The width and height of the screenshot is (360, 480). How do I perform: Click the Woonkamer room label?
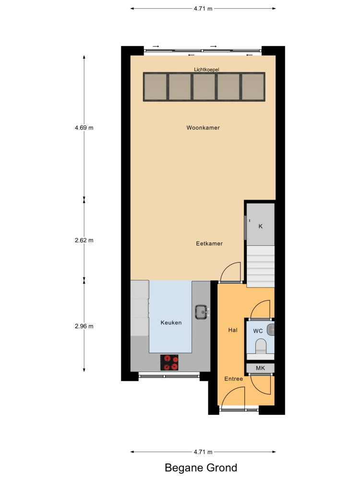203,128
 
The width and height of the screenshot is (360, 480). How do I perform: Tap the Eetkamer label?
209,243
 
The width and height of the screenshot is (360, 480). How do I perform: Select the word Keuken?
171,323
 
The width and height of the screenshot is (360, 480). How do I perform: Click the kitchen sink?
202,312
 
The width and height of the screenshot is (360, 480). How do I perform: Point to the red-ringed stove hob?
169,362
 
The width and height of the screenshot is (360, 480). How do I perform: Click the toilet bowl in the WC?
261,346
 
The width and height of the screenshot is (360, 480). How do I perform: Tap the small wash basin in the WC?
271,330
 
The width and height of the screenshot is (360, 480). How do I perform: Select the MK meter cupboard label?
260,368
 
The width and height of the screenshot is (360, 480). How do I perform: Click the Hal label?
233,330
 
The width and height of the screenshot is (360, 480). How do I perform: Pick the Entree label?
234,379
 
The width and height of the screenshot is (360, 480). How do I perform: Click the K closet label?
261,226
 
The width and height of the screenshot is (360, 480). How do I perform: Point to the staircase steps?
261,266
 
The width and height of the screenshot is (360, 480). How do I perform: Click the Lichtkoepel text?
206,70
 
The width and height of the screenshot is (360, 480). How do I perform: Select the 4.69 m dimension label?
84,128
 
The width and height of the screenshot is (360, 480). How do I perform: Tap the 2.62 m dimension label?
84,240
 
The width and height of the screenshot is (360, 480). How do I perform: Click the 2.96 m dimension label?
84,326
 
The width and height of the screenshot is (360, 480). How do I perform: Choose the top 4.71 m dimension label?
203,9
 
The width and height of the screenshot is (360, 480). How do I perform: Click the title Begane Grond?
201,468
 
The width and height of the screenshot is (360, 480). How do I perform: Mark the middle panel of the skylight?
204,86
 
